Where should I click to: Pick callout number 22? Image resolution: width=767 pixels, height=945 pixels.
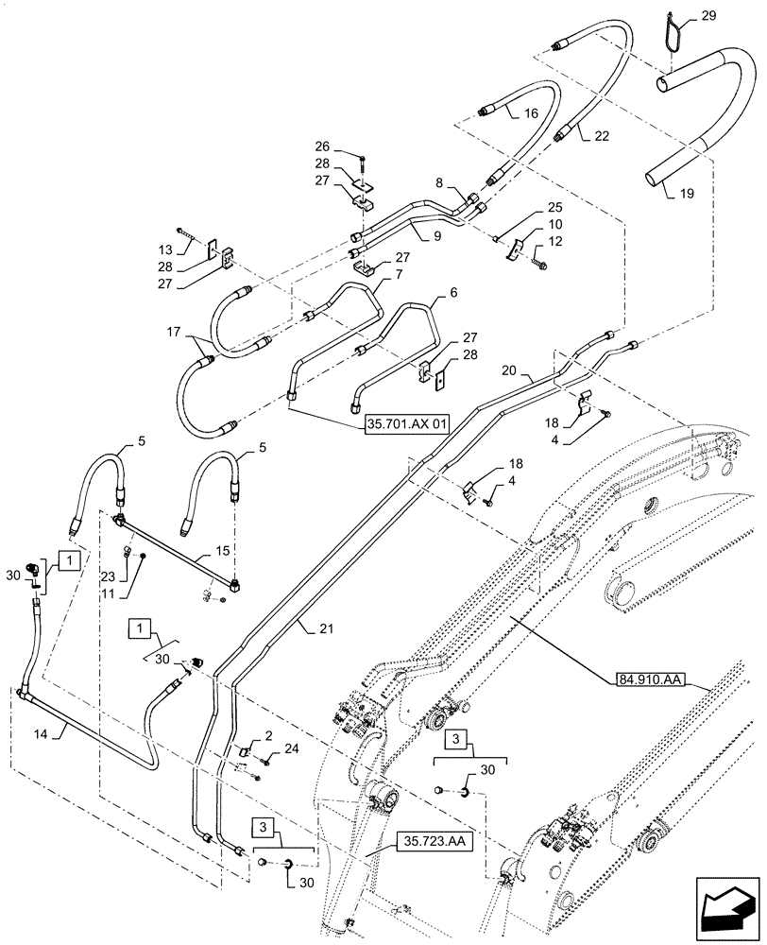(x=602, y=136)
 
